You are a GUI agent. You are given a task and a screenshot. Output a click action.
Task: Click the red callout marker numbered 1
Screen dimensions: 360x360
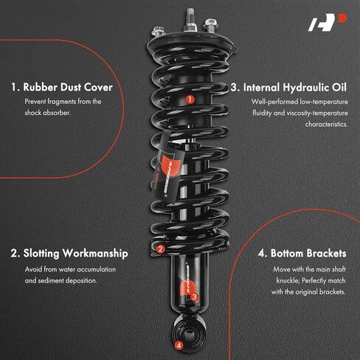(x=190, y=100)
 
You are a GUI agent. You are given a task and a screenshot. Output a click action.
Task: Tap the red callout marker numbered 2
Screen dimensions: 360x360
(x=160, y=249)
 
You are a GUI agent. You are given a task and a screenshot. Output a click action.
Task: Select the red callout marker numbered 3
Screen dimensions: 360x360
(x=194, y=297)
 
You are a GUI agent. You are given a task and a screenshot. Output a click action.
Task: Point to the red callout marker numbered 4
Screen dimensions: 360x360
(x=179, y=345)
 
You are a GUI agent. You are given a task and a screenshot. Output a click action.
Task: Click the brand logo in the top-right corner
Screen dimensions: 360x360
(x=328, y=22)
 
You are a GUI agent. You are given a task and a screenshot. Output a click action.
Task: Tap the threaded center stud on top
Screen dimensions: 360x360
(x=190, y=20)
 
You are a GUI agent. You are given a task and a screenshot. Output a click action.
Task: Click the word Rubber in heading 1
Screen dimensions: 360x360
(x=40, y=87)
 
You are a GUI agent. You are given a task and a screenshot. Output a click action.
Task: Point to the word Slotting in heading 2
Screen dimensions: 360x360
(x=41, y=254)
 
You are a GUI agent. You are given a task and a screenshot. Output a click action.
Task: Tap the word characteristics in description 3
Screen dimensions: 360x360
(x=326, y=124)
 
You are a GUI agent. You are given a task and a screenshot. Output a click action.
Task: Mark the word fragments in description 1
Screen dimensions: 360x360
(x=61, y=102)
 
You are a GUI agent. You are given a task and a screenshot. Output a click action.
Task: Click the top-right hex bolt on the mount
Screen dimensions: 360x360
(x=210, y=25)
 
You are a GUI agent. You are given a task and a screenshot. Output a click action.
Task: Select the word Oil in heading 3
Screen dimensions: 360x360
(x=339, y=88)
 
